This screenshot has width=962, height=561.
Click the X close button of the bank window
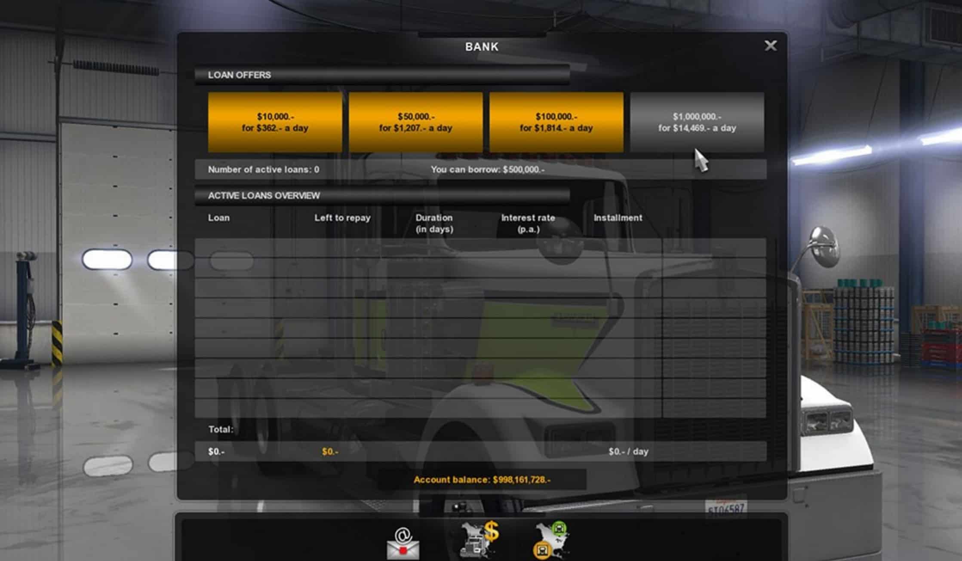coord(770,46)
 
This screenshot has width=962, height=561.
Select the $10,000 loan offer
coord(275,122)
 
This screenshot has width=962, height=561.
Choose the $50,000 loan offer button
coord(415,122)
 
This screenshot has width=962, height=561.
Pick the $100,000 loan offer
coord(556,122)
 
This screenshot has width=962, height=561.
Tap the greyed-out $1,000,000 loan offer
coord(697,122)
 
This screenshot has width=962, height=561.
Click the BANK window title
coord(482,47)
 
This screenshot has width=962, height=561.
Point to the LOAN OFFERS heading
coord(240,75)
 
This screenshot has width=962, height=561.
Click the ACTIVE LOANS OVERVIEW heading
coord(264,196)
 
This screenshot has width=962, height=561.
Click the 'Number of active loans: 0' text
coord(263,169)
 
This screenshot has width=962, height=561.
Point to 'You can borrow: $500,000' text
coord(488,169)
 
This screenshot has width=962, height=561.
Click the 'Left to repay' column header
coord(342,218)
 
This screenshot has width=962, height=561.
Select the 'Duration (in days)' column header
coord(434,223)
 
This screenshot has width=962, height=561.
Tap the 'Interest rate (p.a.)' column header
coord(528,223)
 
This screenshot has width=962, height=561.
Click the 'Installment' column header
coord(618,218)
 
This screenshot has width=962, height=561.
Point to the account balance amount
coord(482,479)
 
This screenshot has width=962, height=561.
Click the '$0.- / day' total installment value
coord(628,451)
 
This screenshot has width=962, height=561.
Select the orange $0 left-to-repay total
coord(330,451)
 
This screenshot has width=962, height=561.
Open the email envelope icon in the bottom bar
coord(403,544)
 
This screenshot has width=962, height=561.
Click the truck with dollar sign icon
coord(479,539)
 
